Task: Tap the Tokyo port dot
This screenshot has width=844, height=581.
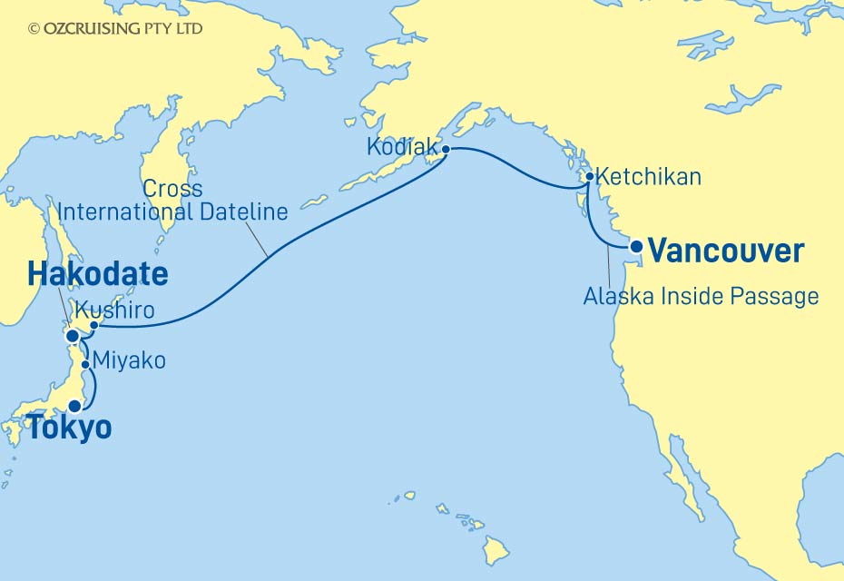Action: pos(74,407)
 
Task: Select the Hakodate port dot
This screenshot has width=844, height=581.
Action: pos(73,336)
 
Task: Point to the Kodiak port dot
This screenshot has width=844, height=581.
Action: pos(446,149)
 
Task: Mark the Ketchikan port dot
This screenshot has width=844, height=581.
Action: pos(590,177)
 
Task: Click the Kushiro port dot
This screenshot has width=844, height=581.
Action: pos(93,324)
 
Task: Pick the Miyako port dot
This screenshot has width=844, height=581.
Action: pos(86,365)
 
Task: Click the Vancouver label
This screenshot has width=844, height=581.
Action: pos(727,251)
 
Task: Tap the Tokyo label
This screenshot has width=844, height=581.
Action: pos(69,428)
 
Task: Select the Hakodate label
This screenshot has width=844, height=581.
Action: pos(97,275)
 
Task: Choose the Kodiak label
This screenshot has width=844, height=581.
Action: pos(402,147)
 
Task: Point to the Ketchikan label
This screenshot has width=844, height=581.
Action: pos(651,177)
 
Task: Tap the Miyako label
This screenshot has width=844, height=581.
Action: pos(131,361)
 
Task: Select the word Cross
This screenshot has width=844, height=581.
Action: pos(173,190)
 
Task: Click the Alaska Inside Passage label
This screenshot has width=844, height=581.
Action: pos(701,296)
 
